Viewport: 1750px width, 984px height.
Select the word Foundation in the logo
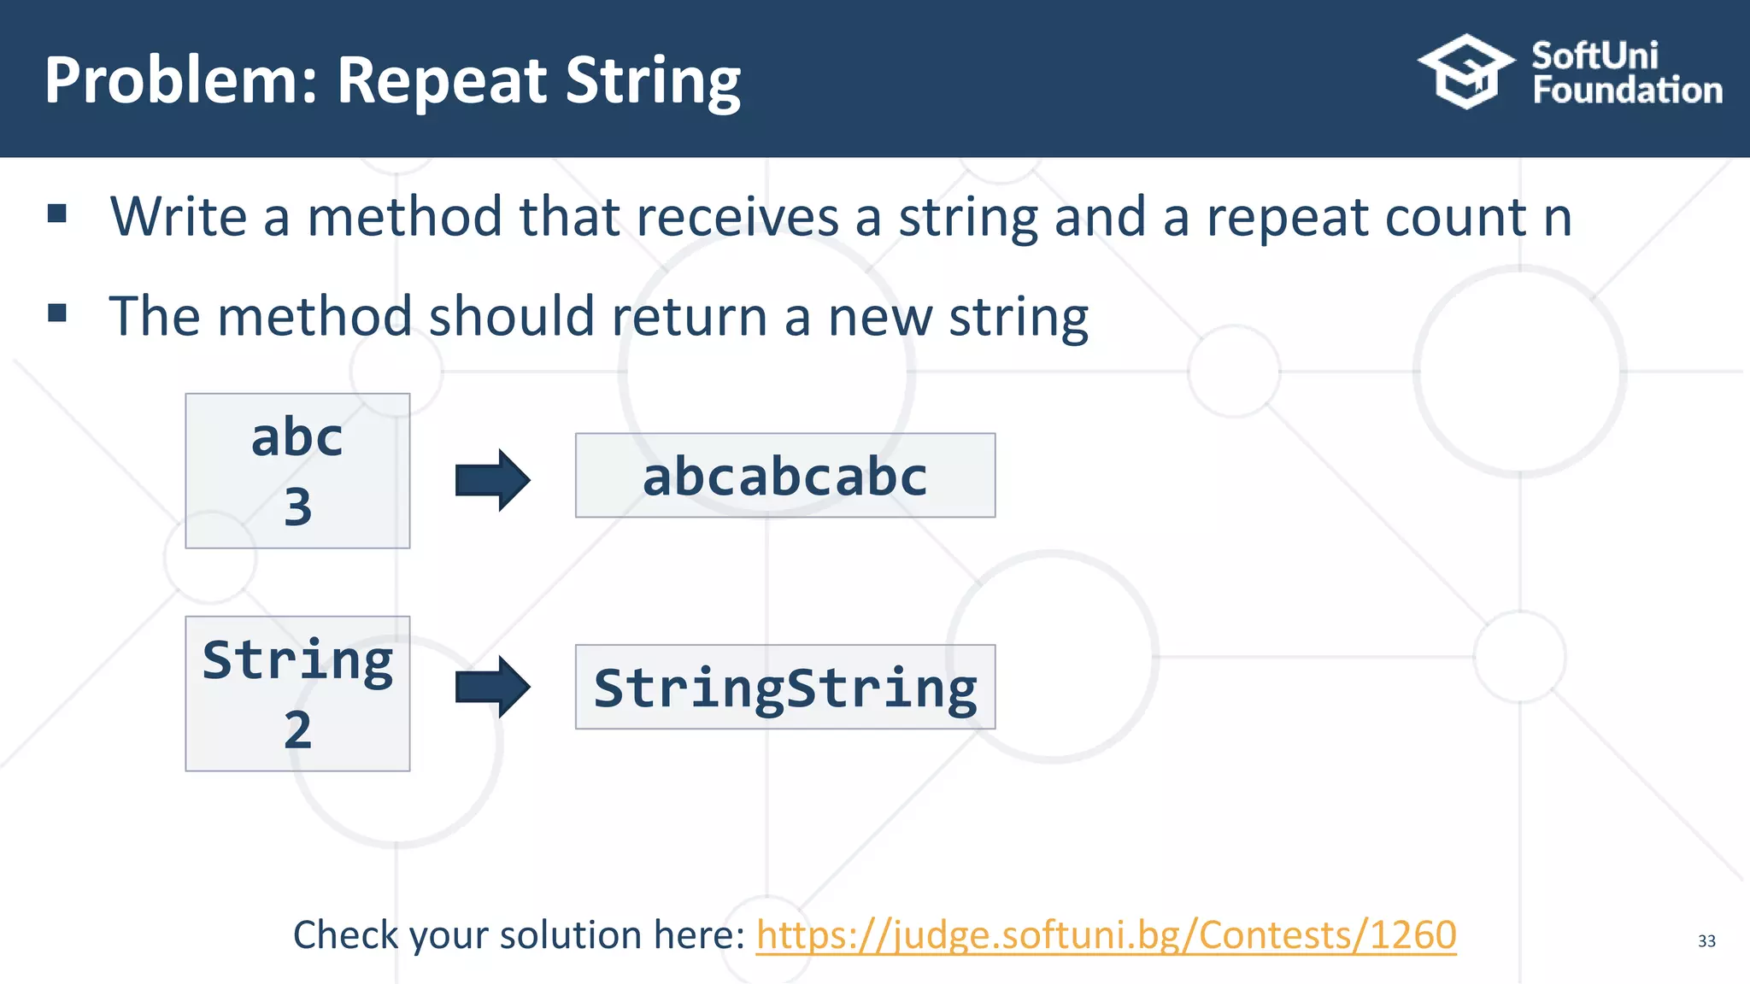[x=1627, y=91]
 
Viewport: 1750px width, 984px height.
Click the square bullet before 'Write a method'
[x=57, y=214]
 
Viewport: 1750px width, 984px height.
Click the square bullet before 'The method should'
[x=57, y=313]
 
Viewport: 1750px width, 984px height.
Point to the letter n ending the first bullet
[x=1557, y=218]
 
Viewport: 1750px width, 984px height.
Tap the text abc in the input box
[x=297, y=438]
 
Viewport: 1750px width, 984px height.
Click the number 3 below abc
[x=297, y=507]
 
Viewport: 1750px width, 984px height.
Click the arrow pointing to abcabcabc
[x=492, y=480]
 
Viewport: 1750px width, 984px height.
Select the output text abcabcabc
[x=784, y=477]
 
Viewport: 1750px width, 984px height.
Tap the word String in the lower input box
[x=297, y=661]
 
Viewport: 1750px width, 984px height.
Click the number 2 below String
[x=297, y=730]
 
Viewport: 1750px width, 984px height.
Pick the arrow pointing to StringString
[x=492, y=687]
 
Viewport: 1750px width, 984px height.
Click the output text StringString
[x=784, y=688]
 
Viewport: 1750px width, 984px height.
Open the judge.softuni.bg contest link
[x=1106, y=935]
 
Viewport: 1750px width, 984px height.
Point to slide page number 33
[x=1706, y=941]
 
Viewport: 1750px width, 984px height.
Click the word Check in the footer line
[x=345, y=935]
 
